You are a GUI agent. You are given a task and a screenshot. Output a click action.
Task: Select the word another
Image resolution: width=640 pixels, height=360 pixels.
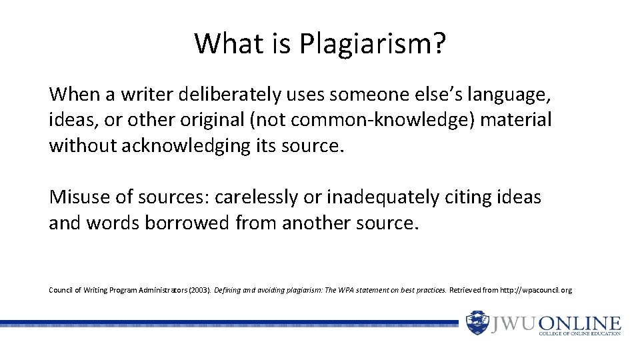(313, 222)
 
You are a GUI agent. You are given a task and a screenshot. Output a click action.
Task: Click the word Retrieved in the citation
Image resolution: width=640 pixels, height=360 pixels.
(467, 291)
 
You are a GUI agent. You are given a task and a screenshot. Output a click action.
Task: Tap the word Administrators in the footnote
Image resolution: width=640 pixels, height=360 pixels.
(157, 291)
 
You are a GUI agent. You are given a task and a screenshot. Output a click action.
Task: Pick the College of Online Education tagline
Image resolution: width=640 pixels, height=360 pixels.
(580, 333)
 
